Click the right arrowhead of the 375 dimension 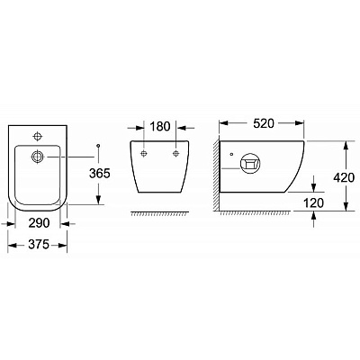coord(67,241)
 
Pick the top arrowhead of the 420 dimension coord(346,143)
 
